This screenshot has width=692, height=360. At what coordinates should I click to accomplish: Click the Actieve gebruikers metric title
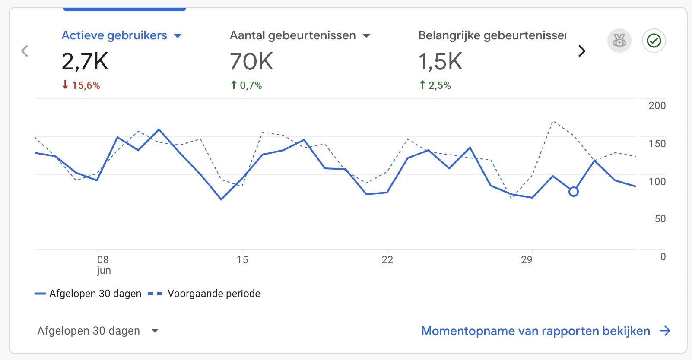point(114,35)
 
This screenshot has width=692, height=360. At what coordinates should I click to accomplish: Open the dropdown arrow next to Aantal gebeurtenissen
point(366,36)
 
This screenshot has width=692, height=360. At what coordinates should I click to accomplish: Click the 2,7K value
point(85,61)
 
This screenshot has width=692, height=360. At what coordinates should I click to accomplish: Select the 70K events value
point(251,61)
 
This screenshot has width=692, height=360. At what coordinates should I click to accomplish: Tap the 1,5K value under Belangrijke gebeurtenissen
point(440,61)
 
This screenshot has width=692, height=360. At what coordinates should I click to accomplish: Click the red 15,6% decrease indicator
point(81,85)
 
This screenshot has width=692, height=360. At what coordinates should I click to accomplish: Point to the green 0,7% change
point(246,85)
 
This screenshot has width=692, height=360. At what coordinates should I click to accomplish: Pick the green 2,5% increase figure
point(435,85)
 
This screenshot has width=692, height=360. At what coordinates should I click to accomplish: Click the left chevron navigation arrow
point(25,51)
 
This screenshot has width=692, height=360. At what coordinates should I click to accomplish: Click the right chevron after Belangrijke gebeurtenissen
point(582,51)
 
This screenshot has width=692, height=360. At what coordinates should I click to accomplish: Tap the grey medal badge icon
point(619,41)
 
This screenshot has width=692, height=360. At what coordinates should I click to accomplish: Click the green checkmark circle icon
point(654,41)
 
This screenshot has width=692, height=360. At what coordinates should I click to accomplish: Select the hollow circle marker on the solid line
point(573,192)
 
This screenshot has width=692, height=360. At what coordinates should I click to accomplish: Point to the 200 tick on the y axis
point(657,106)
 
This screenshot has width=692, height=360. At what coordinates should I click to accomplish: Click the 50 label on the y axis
point(660,219)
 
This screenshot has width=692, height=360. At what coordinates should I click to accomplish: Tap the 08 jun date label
point(103,264)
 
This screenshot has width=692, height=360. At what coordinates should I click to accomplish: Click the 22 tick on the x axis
point(387,260)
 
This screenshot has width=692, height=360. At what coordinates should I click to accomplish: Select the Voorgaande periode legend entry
point(213,294)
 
